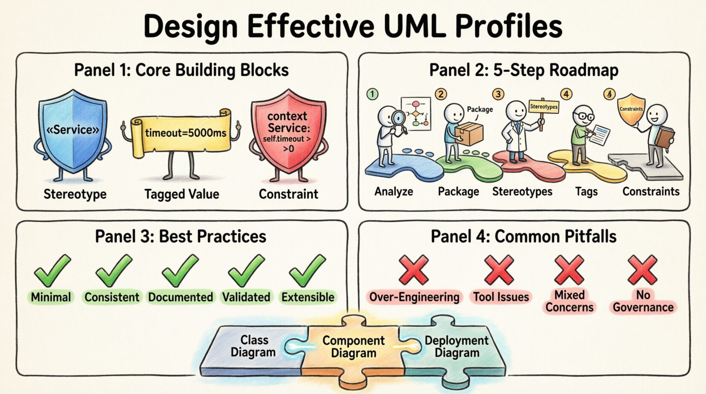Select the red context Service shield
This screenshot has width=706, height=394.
click(288, 129)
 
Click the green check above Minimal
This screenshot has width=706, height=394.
click(52, 270)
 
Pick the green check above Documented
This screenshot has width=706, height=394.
click(180, 270)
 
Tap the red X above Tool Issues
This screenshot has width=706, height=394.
click(499, 270)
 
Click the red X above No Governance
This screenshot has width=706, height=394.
click(642, 270)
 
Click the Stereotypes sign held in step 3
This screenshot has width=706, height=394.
click(544, 107)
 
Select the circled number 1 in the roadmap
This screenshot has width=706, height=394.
click(372, 94)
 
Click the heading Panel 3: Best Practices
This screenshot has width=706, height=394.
click(180, 236)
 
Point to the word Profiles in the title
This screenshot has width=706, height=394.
click(509, 26)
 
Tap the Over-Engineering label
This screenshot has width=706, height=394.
click(414, 297)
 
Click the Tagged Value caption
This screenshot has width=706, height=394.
click(182, 194)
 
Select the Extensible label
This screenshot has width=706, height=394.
click(308, 297)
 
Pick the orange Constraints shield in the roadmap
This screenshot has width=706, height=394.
click(631, 109)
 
